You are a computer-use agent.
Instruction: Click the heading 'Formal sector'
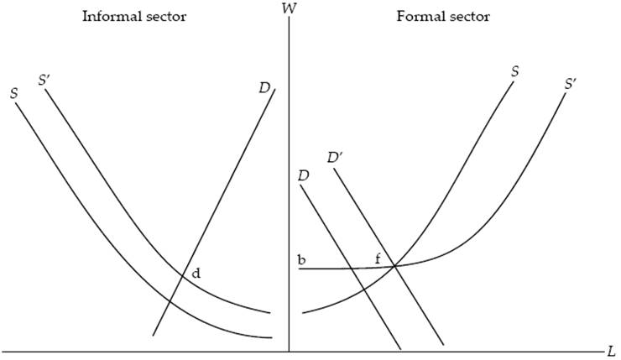click(443, 17)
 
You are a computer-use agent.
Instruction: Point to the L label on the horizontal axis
click(611, 348)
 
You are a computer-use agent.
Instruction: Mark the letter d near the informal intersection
click(196, 273)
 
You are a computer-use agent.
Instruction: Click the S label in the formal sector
click(514, 72)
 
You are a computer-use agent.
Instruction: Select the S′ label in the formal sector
click(571, 85)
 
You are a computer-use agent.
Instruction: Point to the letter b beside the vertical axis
click(300, 259)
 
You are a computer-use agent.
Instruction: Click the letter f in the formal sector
click(378, 258)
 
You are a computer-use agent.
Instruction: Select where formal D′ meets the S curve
click(394, 267)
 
